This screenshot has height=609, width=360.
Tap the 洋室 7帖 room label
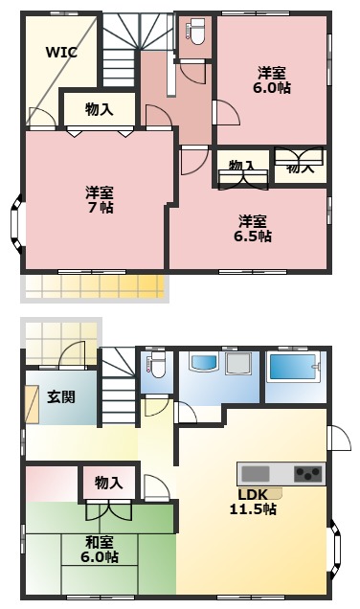[100, 198]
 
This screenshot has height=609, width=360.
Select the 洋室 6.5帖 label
[255, 227]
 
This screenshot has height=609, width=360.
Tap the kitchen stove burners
[308, 473]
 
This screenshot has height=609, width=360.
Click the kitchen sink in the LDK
[257, 473]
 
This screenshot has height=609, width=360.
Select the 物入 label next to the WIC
[99, 109]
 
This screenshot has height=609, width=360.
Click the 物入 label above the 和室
[108, 484]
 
